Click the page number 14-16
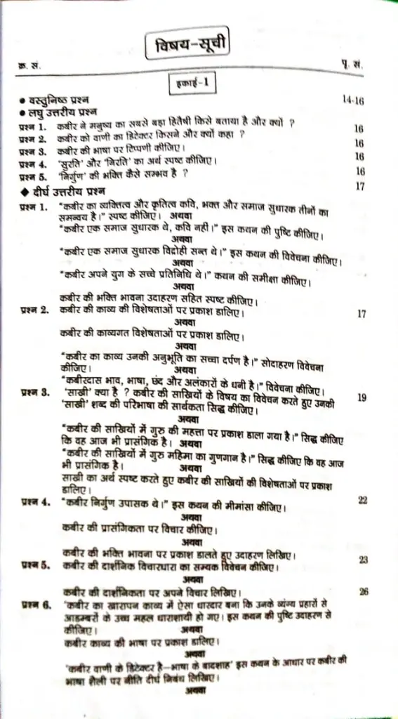[x=354, y=101]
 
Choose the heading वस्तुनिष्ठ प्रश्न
[x=63, y=101]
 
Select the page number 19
[x=362, y=397]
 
